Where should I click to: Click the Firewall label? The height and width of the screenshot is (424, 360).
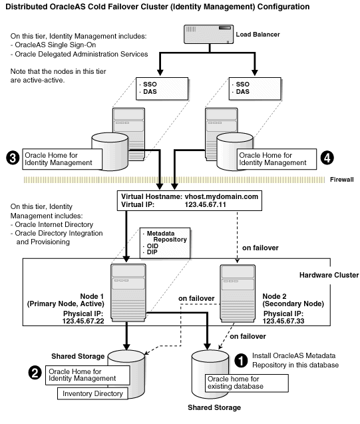tap(343, 179)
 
